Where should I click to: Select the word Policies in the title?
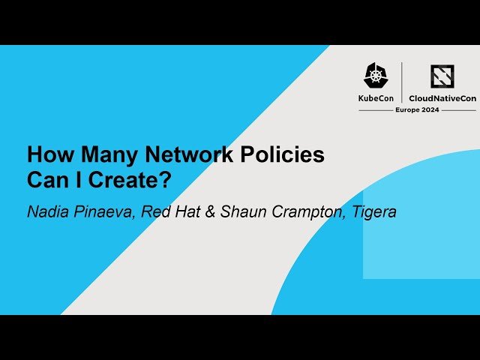pyautogui.click(x=286, y=155)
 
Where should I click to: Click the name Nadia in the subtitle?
pyautogui.click(x=45, y=211)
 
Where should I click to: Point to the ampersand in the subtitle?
pyautogui.click(x=210, y=211)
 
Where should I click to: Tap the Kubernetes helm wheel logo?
pyautogui.click(x=376, y=76)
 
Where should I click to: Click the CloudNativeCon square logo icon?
pyautogui.click(x=442, y=76)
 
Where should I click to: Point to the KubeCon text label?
pyautogui.click(x=376, y=97)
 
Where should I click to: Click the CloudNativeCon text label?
pyautogui.click(x=442, y=97)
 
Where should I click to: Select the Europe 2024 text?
pyautogui.click(x=417, y=109)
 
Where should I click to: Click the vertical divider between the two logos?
pyautogui.click(x=402, y=82)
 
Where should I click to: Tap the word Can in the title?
pyautogui.click(x=49, y=181)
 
